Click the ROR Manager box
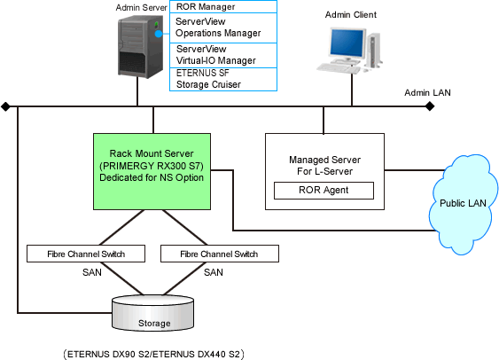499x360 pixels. point(223,7)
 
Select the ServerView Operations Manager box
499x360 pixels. point(223,27)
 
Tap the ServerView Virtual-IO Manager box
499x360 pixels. point(223,55)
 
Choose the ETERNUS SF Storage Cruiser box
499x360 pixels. point(223,79)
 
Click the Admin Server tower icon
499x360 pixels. point(140,46)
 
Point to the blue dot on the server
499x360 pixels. point(159,34)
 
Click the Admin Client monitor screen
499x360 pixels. point(347,43)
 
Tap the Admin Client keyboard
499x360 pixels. point(339,68)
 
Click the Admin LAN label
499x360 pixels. point(427,92)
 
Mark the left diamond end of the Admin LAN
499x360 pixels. point(5,106)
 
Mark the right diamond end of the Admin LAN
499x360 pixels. point(430,106)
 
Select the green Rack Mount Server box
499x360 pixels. point(152,171)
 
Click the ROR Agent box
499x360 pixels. point(324,191)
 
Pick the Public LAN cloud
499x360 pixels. point(463,204)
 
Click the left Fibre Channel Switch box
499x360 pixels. point(86,254)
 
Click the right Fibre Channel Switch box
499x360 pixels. point(220,254)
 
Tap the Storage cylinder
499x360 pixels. point(152,313)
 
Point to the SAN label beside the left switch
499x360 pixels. point(92,272)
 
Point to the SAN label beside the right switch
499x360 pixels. point(214,272)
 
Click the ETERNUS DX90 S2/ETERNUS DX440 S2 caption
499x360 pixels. point(154,354)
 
